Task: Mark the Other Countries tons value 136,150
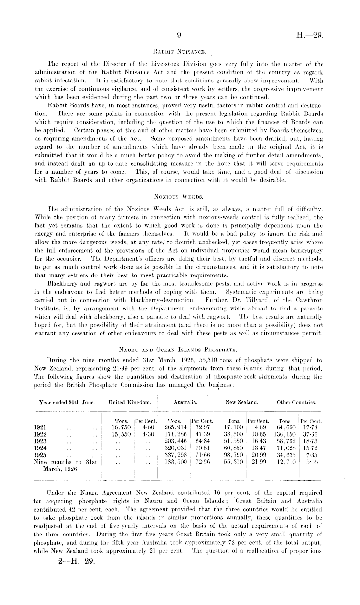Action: click(x=285, y=434)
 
